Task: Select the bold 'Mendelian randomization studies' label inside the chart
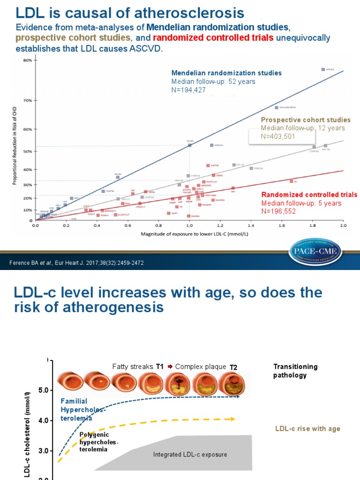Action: [x=226, y=73]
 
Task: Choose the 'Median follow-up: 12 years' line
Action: [x=303, y=128]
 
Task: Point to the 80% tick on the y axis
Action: [x=27, y=60]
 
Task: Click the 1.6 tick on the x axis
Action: [x=281, y=225]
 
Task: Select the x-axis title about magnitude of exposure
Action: [x=188, y=233]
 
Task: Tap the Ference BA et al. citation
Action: [x=76, y=263]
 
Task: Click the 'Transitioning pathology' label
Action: [x=295, y=371]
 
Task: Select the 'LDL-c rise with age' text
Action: [x=307, y=429]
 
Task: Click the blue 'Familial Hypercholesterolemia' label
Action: [x=83, y=410]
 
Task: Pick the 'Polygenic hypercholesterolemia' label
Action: [x=98, y=442]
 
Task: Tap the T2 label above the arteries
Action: [x=233, y=367]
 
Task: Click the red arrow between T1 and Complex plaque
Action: [x=170, y=367]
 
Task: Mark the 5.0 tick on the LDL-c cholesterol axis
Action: [x=43, y=390]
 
